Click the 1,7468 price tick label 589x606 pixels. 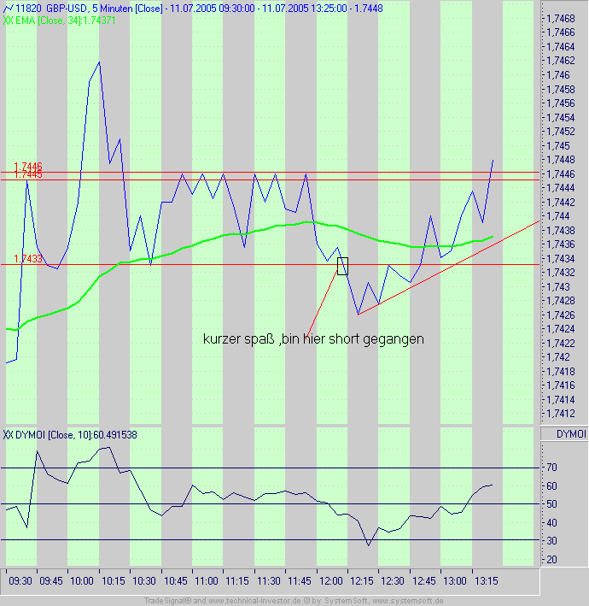(x=560, y=18)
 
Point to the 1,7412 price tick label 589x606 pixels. (x=560, y=413)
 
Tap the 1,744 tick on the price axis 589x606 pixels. (x=558, y=215)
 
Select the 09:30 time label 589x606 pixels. (x=20, y=580)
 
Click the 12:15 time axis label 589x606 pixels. (x=362, y=580)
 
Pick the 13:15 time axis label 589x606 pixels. (x=487, y=580)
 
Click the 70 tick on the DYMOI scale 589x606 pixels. (x=551, y=468)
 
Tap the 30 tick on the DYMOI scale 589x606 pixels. (x=551, y=541)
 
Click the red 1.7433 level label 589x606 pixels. (x=27, y=258)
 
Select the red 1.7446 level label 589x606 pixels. (x=27, y=166)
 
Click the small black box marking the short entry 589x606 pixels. (x=343, y=266)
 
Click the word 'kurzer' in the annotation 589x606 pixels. (x=222, y=339)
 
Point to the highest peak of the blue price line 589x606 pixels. (x=99, y=62)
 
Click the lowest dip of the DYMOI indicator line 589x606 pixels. (x=369, y=545)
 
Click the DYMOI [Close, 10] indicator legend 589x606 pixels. (x=70, y=434)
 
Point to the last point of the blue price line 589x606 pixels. (x=493, y=160)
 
